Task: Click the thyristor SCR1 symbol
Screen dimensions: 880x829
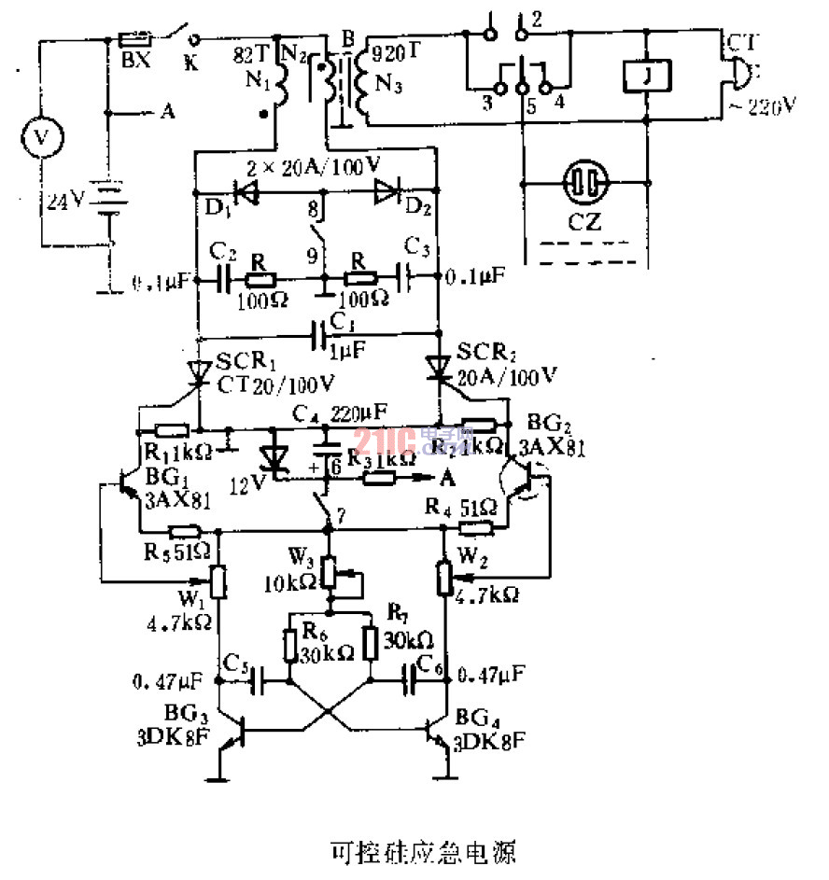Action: coord(198,373)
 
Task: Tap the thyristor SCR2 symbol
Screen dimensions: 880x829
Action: coord(438,366)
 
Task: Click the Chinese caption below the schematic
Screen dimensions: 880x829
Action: coord(423,851)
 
